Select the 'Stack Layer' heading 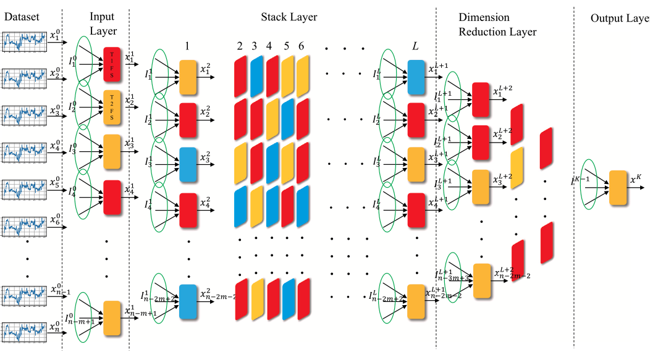(x=289, y=17)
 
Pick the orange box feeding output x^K (x=618, y=188)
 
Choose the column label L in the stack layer (x=416, y=46)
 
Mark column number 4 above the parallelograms (x=269, y=46)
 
